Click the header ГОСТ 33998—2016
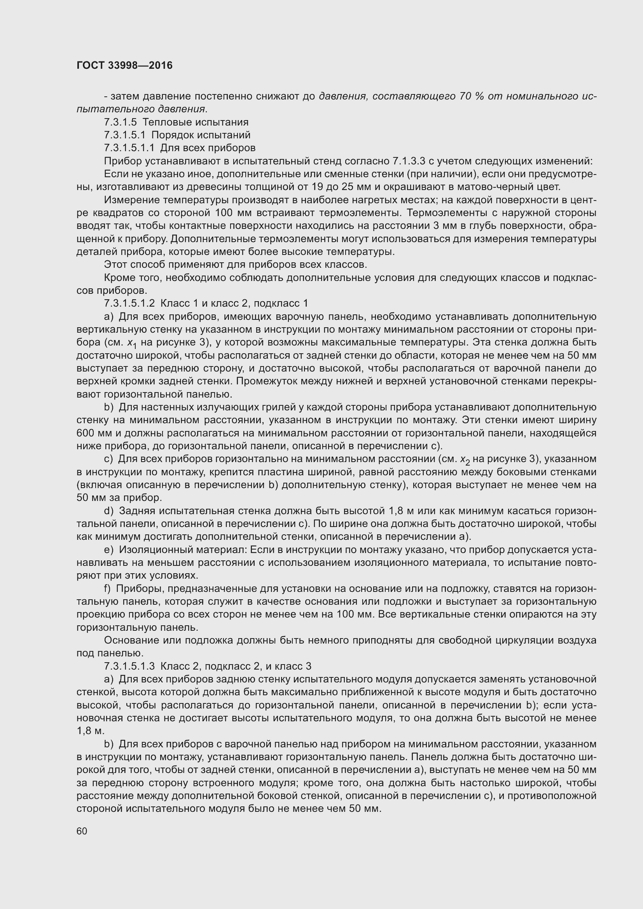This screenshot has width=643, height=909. click(124, 65)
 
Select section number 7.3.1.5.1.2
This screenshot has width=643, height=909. click(129, 303)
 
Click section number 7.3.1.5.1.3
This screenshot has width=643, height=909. click(129, 666)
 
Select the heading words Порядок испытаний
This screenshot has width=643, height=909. click(201, 135)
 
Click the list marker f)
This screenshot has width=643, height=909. click(107, 589)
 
